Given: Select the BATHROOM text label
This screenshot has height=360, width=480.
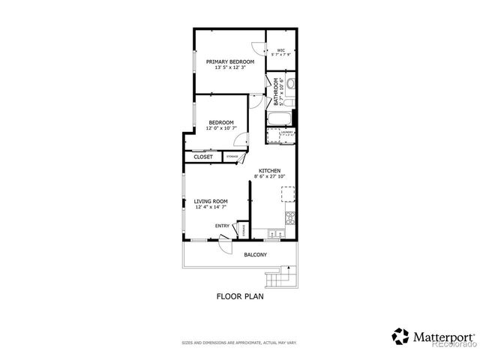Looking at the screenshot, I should coord(276,91).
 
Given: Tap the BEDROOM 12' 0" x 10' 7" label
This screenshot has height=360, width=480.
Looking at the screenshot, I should coord(220,125).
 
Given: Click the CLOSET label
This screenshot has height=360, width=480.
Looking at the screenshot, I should coord(202,157).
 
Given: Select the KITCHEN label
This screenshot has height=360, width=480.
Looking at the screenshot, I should coord(269,173).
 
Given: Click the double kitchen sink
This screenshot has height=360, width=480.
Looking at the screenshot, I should coord(273,233).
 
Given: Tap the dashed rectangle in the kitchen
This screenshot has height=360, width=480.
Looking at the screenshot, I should coord(287,193).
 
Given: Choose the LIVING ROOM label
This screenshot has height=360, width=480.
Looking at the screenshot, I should coord(210,203).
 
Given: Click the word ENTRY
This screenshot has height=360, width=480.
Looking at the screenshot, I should coord(222,226).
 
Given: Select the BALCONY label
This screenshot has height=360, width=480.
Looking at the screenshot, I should coord(255,255).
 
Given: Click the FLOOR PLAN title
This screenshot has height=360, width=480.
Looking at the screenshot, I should coord(239,297).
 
